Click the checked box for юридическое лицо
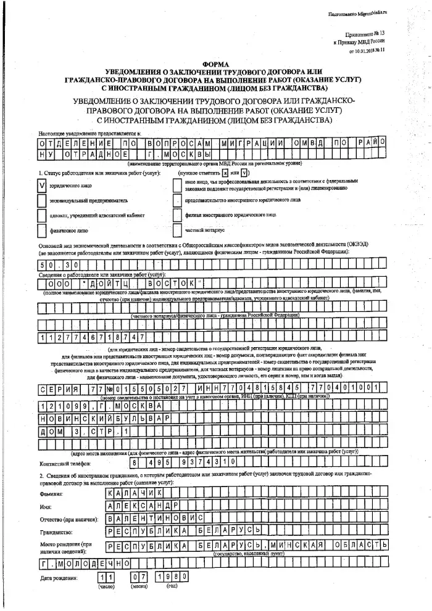click(x=43, y=184)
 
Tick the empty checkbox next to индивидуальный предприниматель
click(x=43, y=200)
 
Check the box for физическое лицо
click(x=43, y=232)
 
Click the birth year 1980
click(x=167, y=578)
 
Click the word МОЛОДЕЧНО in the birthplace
click(x=93, y=563)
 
